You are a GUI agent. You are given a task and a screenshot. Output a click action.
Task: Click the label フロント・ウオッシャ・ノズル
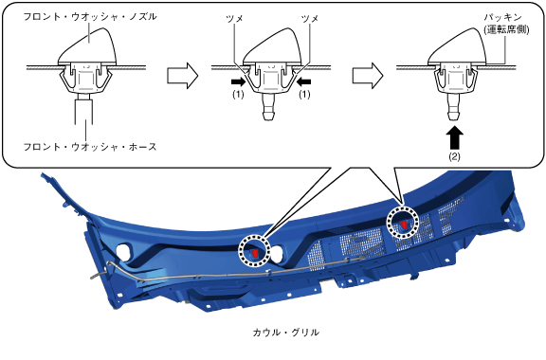point(90,16)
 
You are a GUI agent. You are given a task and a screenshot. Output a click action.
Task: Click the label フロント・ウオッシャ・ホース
point(90,147)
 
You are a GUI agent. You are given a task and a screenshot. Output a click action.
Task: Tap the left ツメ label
point(234,18)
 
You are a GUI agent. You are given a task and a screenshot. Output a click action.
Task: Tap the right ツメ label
point(310,18)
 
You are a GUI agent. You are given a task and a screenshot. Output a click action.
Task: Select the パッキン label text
point(502,17)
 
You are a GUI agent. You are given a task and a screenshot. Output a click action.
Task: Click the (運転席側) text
point(506,29)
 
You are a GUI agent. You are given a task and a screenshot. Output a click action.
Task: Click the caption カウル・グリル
point(285,333)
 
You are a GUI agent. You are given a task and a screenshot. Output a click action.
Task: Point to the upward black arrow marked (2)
point(454,138)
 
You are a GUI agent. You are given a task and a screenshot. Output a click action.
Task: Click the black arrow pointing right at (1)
point(238,82)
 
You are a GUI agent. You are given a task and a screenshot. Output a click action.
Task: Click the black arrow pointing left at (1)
point(304,82)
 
